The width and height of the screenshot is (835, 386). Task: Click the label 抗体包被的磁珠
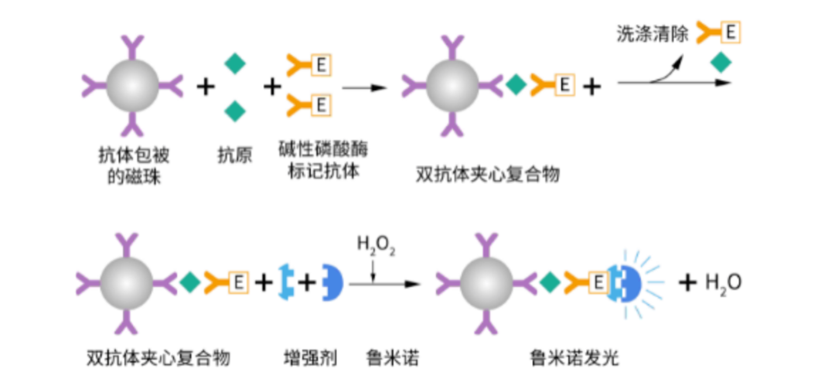point(138,166)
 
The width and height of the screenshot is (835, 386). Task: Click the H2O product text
point(724,283)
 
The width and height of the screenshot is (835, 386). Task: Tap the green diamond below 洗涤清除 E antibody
point(721,63)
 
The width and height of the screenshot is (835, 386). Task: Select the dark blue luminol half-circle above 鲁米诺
point(331,283)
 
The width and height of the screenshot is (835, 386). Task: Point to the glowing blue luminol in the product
point(628,283)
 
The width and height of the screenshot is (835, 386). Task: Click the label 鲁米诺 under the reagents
point(387,359)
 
